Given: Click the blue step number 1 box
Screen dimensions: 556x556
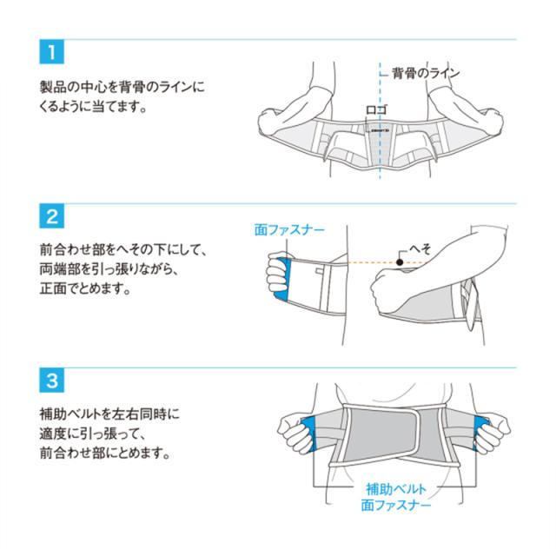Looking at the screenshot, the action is pyautogui.click(x=52, y=52).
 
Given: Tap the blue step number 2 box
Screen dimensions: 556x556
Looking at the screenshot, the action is pyautogui.click(x=52, y=216).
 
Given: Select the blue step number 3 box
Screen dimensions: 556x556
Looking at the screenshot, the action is pyautogui.click(x=52, y=381).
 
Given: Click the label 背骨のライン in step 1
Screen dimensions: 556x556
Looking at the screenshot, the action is pyautogui.click(x=426, y=73).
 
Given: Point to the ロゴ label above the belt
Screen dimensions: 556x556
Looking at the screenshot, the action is pyautogui.click(x=376, y=109).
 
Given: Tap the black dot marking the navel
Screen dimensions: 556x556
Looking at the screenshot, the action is pyautogui.click(x=400, y=262).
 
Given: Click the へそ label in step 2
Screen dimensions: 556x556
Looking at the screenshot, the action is pyautogui.click(x=420, y=249).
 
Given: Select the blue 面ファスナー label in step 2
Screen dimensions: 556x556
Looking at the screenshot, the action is pyautogui.click(x=289, y=230).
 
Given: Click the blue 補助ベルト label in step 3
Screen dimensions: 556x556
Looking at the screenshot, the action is pyautogui.click(x=396, y=489).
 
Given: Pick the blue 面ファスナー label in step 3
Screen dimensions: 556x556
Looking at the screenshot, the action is pyautogui.click(x=396, y=505).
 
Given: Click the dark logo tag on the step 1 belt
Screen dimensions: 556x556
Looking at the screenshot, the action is pyautogui.click(x=379, y=131).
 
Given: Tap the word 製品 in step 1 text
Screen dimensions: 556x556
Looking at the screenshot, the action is pyautogui.click(x=52, y=87).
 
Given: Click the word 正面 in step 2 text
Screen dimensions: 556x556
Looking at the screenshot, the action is pyautogui.click(x=52, y=288).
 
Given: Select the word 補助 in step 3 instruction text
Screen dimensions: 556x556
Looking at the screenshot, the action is pyautogui.click(x=52, y=414).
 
